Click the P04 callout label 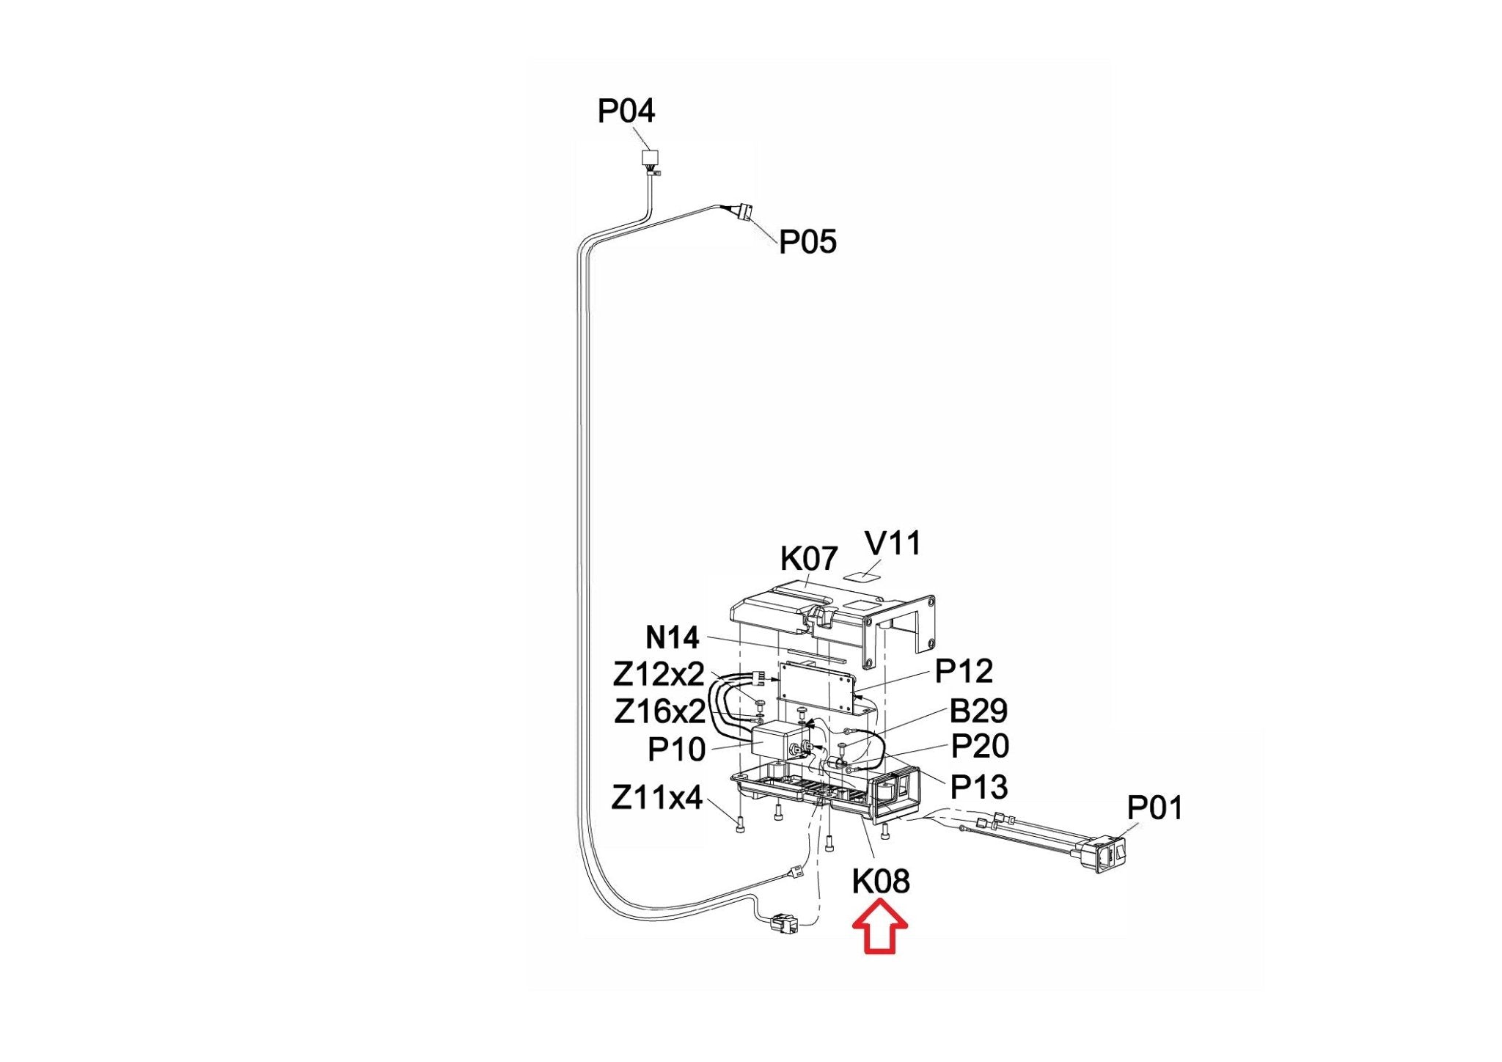coord(626,111)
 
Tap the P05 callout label coord(807,241)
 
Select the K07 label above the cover coord(808,559)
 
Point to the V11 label coord(893,543)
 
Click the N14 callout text coord(673,637)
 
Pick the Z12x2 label coord(659,674)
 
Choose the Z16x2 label coord(660,711)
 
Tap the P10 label coord(676,750)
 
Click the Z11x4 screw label coord(656,797)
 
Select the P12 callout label coord(964,671)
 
